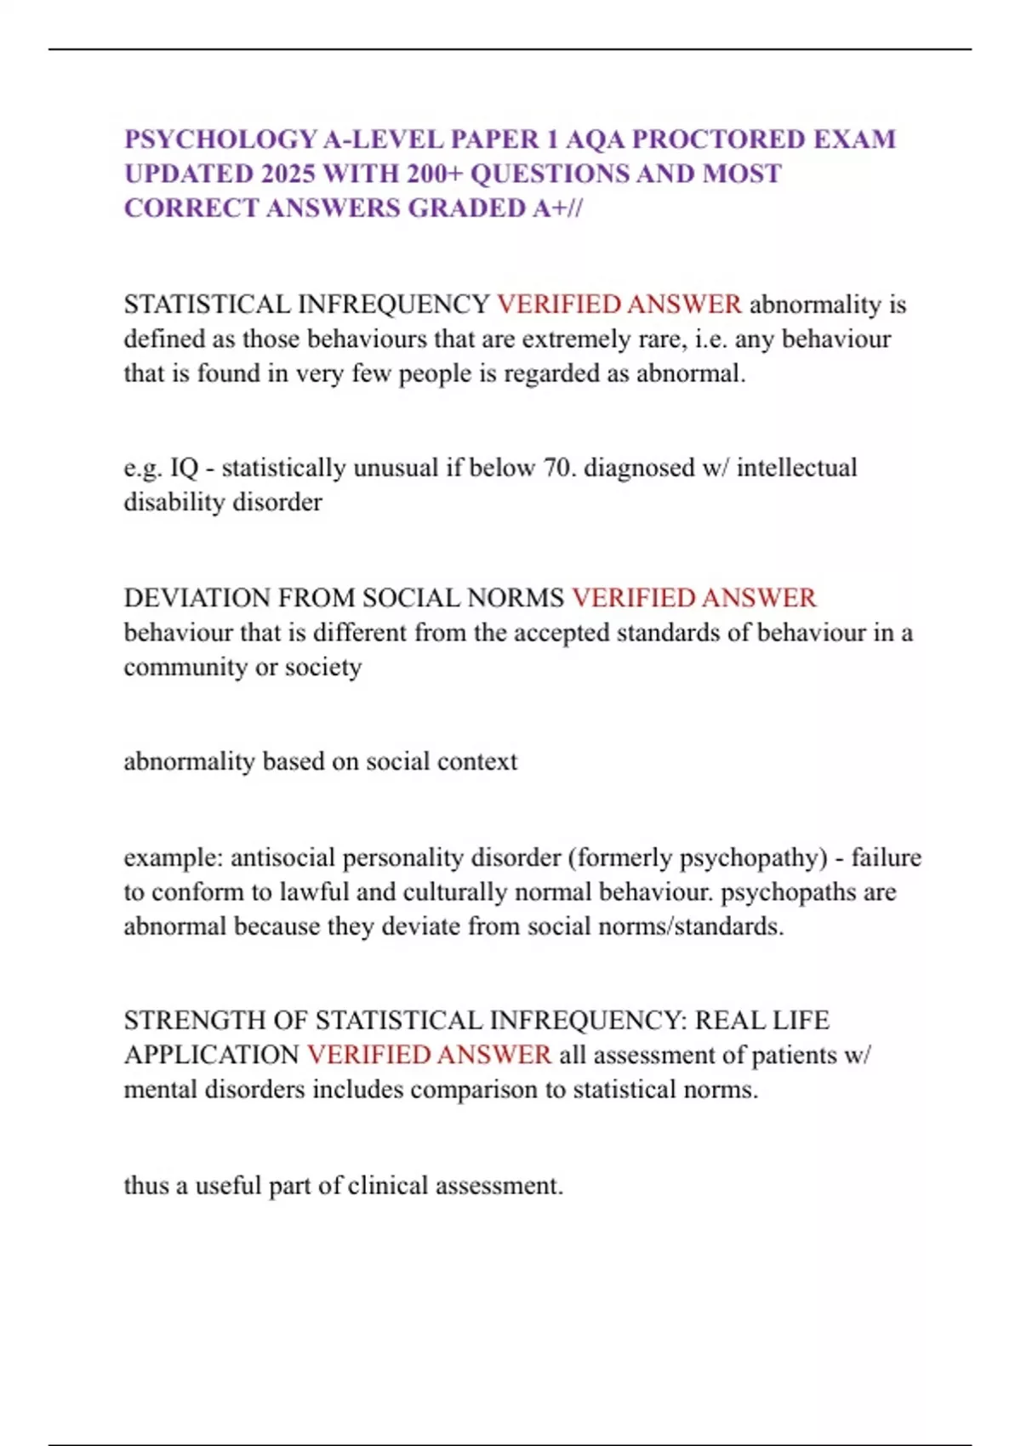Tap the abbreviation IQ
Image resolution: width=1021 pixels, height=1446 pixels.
(184, 468)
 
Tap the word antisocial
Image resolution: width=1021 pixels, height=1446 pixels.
(282, 857)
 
